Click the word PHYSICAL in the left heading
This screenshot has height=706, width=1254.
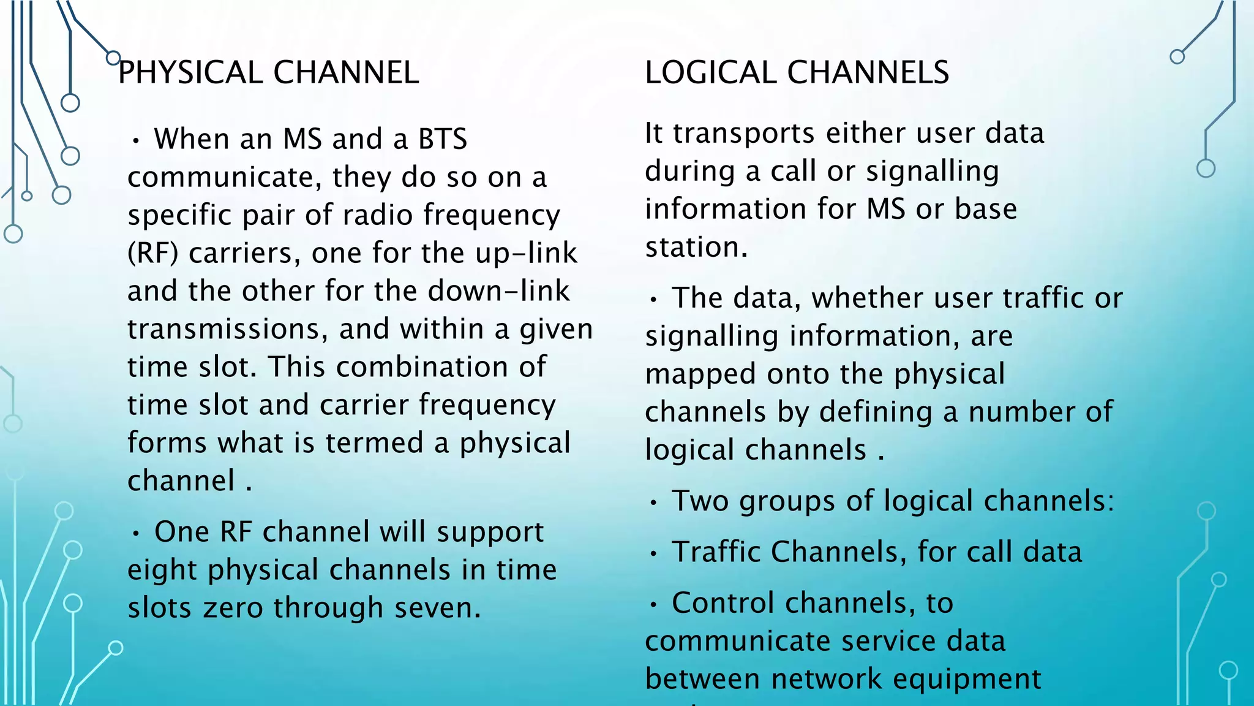coord(190,72)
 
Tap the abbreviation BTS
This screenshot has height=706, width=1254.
coord(443,139)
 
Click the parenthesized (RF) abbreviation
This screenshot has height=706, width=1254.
coord(152,253)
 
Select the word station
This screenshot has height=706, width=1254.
coord(696,248)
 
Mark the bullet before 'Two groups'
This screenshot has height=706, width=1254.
coord(654,503)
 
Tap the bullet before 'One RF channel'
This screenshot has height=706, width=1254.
coord(136,534)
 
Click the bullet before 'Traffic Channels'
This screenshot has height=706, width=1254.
coord(654,554)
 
